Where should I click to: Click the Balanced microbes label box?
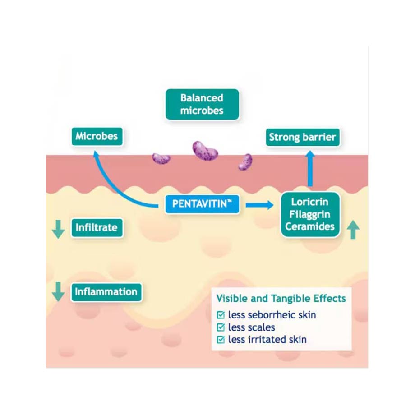click(202, 104)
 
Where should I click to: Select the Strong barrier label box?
click(302, 138)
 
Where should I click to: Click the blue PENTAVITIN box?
click(202, 204)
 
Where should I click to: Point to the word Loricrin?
click(309, 201)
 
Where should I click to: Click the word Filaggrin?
click(309, 213)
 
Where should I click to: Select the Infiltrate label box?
click(97, 227)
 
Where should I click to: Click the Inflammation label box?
click(106, 291)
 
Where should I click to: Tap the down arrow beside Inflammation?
click(58, 292)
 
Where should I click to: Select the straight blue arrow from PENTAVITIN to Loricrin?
click(260, 205)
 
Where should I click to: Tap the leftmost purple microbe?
click(161, 158)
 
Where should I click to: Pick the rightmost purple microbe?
click(245, 161)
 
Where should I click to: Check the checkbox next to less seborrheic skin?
click(221, 315)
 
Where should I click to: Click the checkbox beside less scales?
click(221, 327)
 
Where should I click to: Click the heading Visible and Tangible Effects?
click(281, 298)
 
